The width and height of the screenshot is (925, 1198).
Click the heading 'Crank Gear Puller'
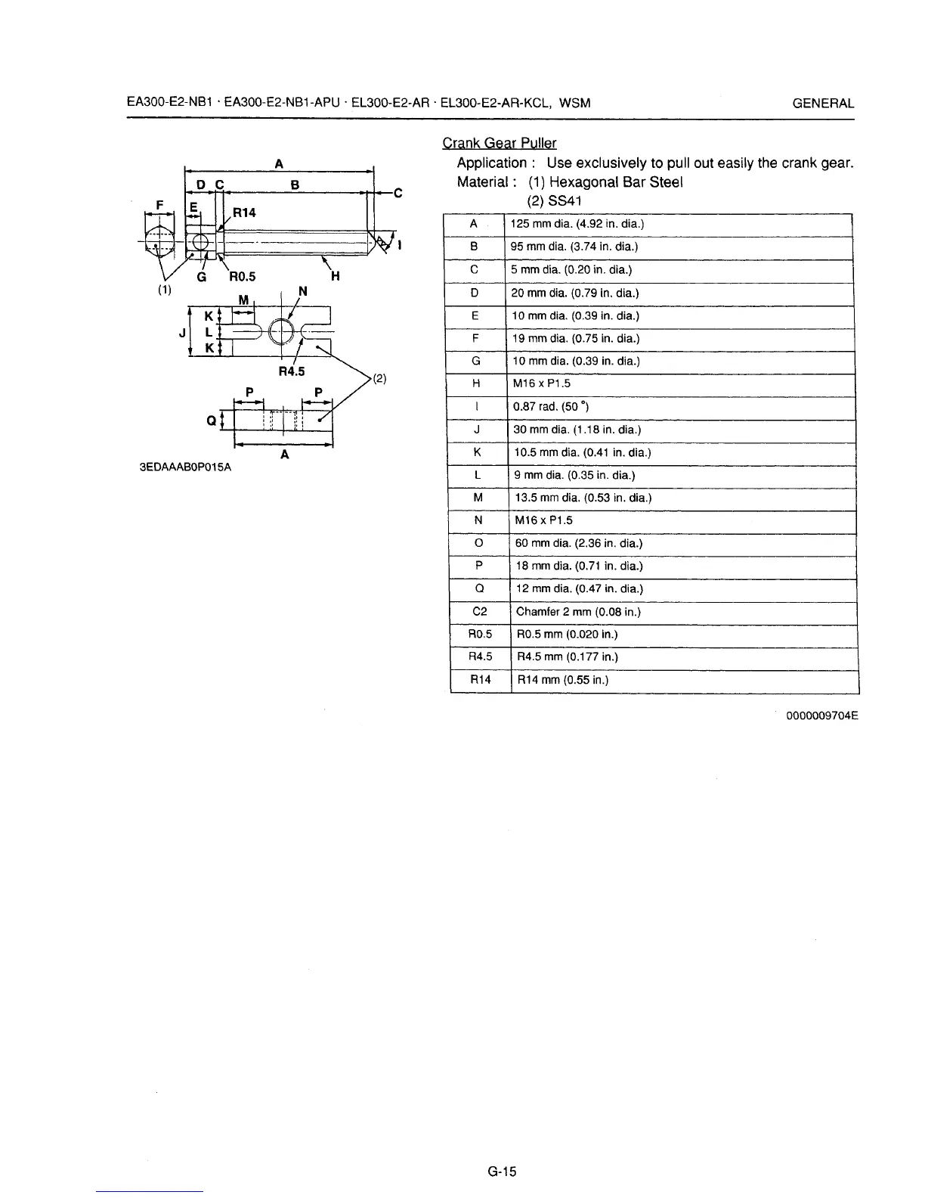tap(499, 143)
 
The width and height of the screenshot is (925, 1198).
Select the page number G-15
tap(501, 1172)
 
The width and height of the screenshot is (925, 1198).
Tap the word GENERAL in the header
tap(823, 104)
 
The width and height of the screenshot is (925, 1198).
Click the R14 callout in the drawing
tap(244, 213)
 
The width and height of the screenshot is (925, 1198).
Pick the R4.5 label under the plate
tap(291, 371)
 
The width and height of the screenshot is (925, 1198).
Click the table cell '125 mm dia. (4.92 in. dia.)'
tap(577, 224)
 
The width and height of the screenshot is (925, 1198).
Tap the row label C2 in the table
tap(479, 612)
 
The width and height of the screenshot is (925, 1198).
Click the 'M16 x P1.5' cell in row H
tap(542, 383)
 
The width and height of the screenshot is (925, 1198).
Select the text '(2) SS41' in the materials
tap(554, 201)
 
